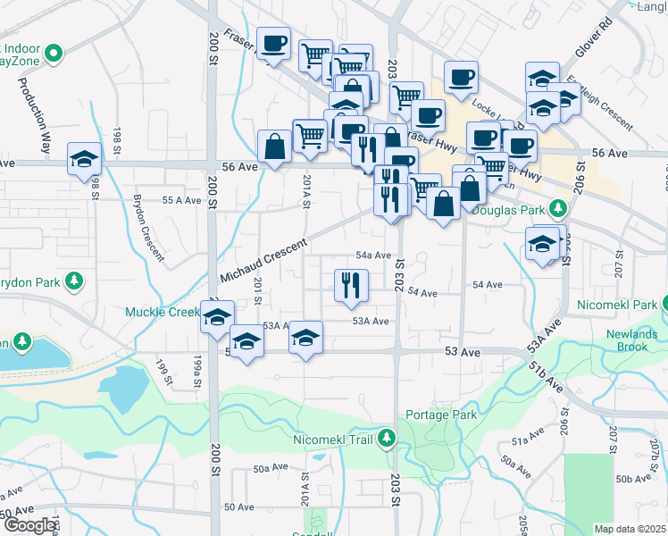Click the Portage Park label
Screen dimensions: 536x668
[441, 415]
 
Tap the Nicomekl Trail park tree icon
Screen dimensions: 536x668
[387, 438]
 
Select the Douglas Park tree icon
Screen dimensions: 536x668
[558, 208]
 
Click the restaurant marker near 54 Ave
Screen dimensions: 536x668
[351, 285]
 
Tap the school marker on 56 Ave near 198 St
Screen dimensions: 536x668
[84, 159]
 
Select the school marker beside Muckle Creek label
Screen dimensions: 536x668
[217, 317]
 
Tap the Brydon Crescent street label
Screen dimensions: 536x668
[149, 227]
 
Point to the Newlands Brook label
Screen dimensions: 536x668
[632, 340]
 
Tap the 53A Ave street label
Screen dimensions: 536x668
[370, 321]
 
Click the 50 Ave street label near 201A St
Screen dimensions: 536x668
[239, 507]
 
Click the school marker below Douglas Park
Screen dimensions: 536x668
[542, 244]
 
